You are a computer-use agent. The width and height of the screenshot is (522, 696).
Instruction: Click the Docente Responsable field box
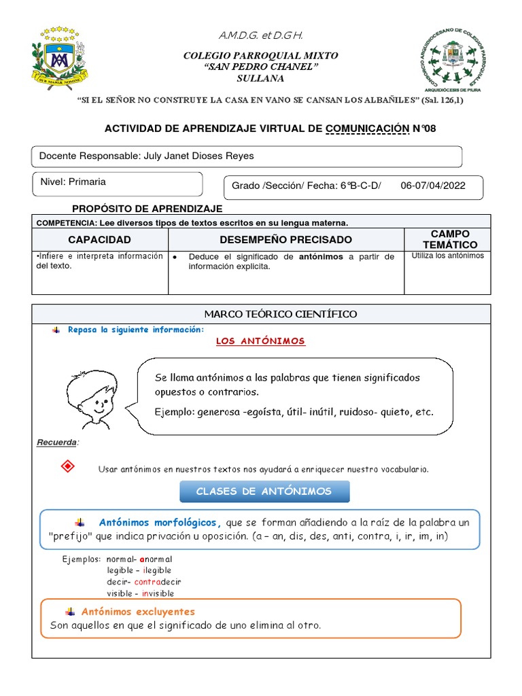coord(247,156)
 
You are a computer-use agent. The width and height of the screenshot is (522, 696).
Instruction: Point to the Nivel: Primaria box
coord(117,184)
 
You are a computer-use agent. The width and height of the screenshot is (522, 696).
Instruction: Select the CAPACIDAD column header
coord(99,239)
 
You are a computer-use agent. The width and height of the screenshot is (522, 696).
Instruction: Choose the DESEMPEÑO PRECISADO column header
coord(285,239)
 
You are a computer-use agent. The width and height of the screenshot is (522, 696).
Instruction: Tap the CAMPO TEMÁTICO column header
coord(449,239)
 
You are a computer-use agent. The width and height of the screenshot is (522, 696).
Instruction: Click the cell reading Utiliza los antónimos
coord(448,256)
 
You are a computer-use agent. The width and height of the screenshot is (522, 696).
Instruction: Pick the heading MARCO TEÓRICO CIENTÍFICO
coord(261,314)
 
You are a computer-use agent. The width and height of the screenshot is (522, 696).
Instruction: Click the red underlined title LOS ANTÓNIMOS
coord(260,341)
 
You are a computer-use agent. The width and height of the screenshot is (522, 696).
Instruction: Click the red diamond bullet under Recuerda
coord(67,467)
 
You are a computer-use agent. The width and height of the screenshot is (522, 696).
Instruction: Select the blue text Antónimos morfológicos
coord(160,523)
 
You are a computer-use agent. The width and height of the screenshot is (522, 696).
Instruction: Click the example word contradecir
coord(158,582)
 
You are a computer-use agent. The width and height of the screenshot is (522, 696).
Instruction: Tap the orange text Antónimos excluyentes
coord(147,612)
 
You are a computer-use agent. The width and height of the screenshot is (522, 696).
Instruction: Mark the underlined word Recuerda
coord(56,443)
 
